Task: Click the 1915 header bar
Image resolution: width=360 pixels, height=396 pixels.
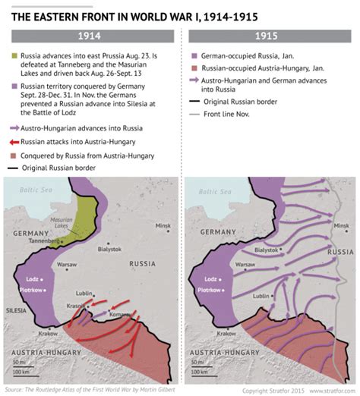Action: pyautogui.click(x=270, y=36)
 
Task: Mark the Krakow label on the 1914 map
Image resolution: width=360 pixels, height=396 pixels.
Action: pyautogui.click(x=49, y=333)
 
